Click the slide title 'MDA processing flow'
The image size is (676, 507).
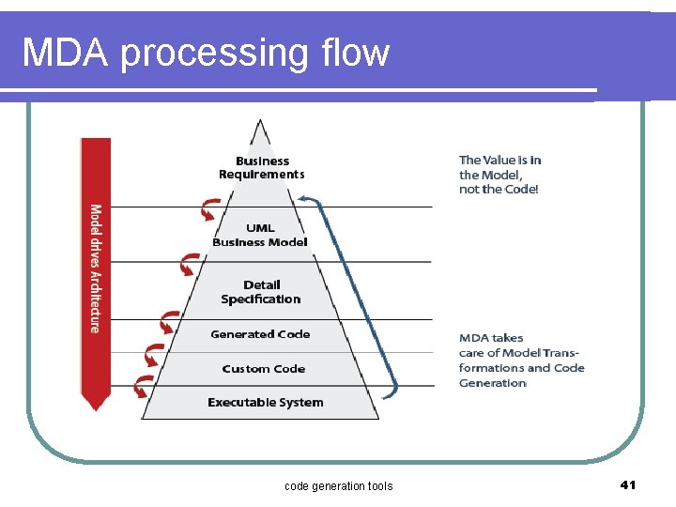[206, 53]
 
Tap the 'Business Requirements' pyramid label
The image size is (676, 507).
[262, 168]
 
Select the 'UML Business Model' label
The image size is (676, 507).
[260, 235]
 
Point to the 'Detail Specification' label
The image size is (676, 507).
[261, 292]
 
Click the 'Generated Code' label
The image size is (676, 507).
[260, 334]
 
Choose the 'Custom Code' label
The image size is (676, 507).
[264, 369]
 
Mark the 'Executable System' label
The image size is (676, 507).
[265, 403]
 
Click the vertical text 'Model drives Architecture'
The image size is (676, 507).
[95, 268]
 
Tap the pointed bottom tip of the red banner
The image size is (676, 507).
[95, 407]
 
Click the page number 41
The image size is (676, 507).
[628, 484]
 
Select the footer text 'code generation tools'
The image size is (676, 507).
[338, 485]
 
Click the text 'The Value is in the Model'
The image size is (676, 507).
[499, 167]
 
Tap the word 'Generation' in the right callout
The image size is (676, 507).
[493, 383]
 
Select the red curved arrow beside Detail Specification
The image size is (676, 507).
[169, 324]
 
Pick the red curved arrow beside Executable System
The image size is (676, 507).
[142, 386]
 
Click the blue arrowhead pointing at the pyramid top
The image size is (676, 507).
[303, 199]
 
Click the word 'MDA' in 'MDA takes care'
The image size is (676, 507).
[473, 338]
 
